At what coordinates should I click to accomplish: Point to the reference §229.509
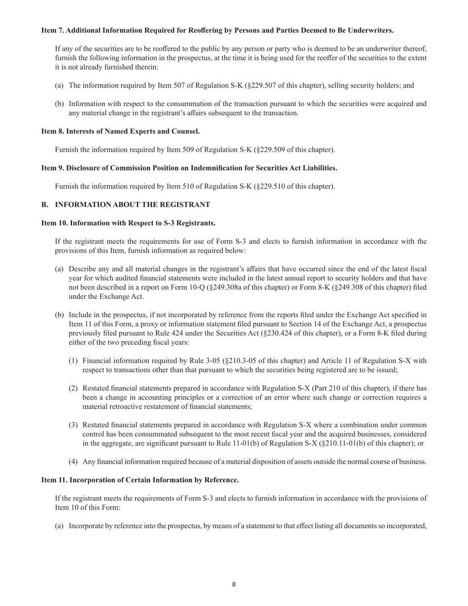[273, 149]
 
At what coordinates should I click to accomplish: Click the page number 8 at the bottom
[234, 585]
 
